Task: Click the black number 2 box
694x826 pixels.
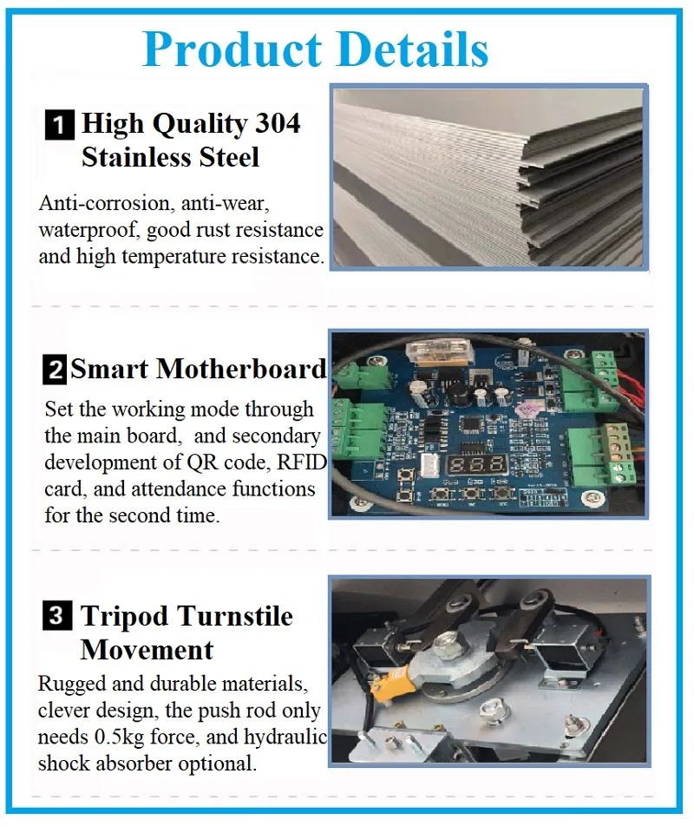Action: coord(55,371)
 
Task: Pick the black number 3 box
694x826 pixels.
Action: coord(56,618)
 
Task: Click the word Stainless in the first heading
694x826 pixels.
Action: coord(141,158)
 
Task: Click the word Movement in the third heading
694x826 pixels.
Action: coord(147,650)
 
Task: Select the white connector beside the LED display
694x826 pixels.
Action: coord(429,466)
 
